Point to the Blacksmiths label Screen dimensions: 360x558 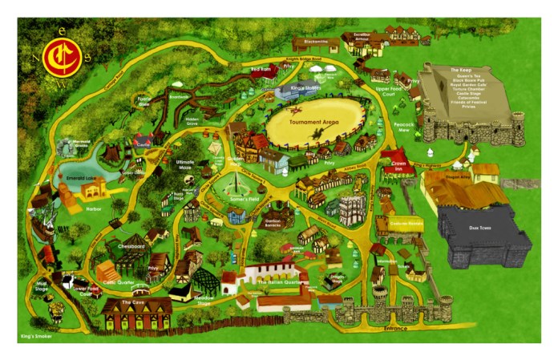(316, 41)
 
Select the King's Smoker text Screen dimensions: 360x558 (34, 337)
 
